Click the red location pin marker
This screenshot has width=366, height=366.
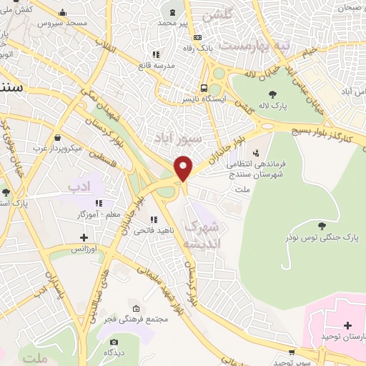(x=184, y=168)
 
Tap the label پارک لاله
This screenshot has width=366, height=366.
(x=273, y=107)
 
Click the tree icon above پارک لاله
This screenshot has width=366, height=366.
(x=273, y=94)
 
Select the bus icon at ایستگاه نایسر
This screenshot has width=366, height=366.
(x=204, y=88)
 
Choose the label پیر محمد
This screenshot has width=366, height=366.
(x=173, y=23)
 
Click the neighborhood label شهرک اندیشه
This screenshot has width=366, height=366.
(x=204, y=234)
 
